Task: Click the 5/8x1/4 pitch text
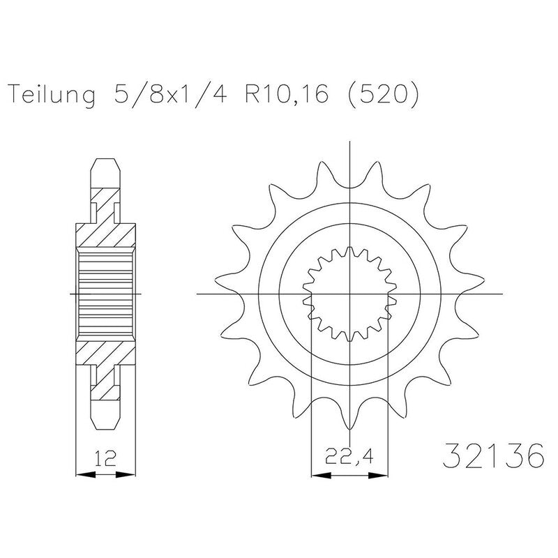pyautogui.click(x=170, y=94)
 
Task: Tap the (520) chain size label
pyautogui.click(x=383, y=94)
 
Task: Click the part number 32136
pyautogui.click(x=494, y=455)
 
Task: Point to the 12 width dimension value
pyautogui.click(x=106, y=458)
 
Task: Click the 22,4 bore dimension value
pyautogui.click(x=349, y=457)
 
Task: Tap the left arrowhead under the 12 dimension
pyautogui.click(x=86, y=474)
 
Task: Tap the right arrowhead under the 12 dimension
pyautogui.click(x=126, y=474)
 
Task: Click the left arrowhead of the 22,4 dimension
pyautogui.click(x=322, y=475)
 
